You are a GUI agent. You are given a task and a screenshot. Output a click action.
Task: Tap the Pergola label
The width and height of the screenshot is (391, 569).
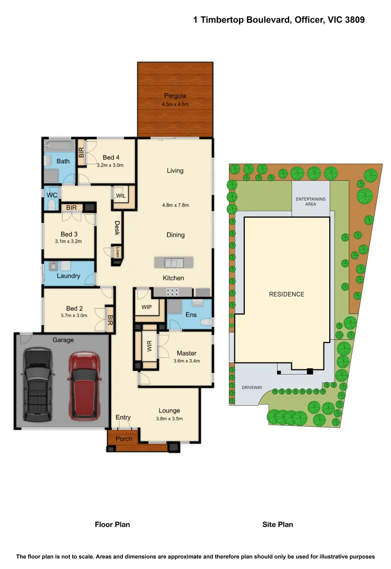(x=175, y=96)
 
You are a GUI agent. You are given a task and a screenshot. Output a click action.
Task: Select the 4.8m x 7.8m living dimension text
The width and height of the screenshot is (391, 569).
(x=175, y=205)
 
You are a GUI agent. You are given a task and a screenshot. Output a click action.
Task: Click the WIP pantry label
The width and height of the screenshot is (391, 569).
(x=146, y=307)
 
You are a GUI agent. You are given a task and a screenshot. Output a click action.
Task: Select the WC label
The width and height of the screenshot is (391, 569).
(x=52, y=195)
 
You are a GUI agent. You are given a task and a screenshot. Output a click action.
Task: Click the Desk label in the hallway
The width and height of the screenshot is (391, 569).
(x=117, y=228)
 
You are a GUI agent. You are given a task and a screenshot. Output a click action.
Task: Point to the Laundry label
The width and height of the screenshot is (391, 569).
(x=68, y=276)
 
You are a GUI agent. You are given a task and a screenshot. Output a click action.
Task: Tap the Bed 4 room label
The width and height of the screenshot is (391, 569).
(x=111, y=157)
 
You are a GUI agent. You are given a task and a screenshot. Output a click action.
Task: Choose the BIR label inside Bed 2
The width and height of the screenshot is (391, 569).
(x=110, y=320)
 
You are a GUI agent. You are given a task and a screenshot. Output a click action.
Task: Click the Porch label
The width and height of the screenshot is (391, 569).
(x=123, y=438)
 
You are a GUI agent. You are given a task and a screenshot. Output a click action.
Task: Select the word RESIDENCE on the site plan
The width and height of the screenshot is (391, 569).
(x=287, y=294)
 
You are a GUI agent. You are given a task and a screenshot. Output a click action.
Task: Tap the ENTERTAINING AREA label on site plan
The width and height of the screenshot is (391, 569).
(x=311, y=201)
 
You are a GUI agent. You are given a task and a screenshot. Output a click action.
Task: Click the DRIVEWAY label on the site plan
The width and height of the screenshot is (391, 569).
(x=252, y=387)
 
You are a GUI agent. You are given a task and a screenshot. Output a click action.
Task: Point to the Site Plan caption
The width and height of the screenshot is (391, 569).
(x=278, y=524)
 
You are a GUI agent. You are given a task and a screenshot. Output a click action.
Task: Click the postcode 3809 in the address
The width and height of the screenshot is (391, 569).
(x=353, y=19)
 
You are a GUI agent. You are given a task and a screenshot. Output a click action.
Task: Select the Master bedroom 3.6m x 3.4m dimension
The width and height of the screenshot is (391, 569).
(x=186, y=361)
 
